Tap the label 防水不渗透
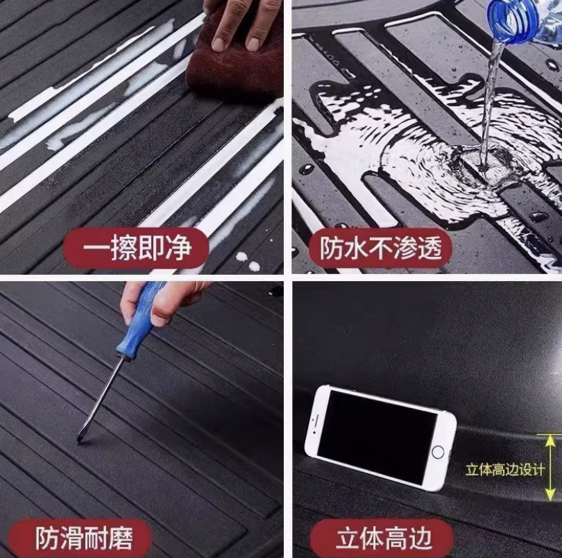380,248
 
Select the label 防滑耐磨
83,538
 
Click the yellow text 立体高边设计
505,469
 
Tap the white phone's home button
438,453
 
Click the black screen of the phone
377,438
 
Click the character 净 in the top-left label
180,248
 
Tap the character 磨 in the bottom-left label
121,538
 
